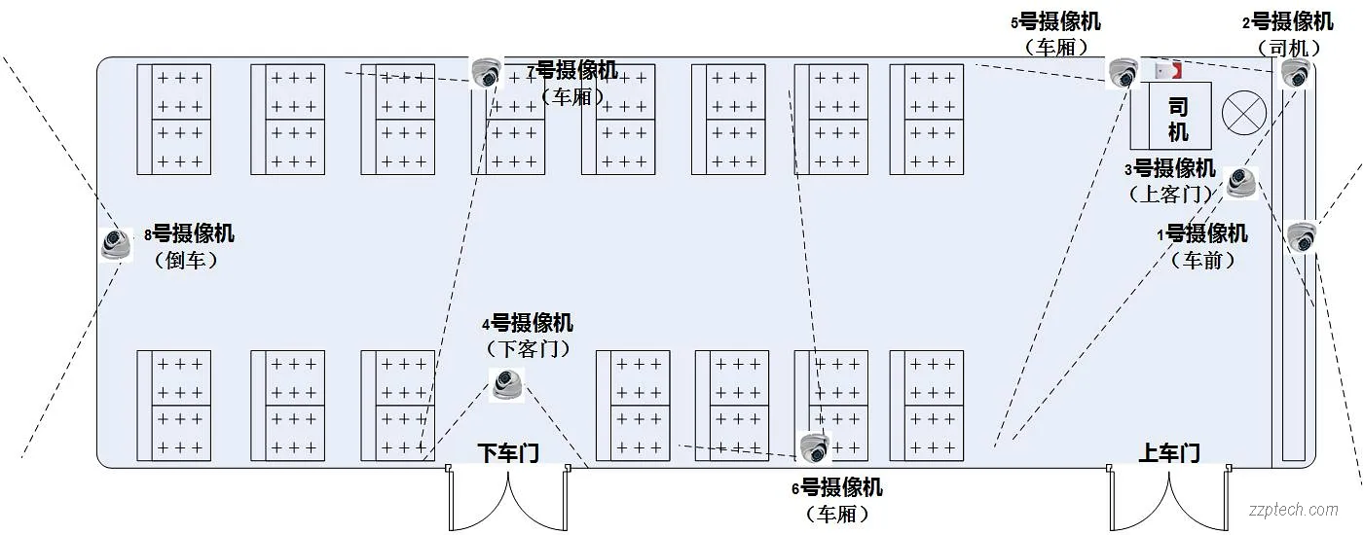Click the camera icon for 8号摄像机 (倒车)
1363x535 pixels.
tap(117, 243)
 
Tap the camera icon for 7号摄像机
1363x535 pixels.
tap(486, 72)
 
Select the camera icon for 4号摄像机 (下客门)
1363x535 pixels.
tap(506, 384)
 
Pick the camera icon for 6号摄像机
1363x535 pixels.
tap(814, 447)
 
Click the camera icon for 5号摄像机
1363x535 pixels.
tap(1123, 73)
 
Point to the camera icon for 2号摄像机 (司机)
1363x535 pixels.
tap(1295, 73)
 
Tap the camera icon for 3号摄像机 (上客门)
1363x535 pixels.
tap(1240, 182)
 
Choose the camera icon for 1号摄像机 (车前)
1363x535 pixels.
tap(1301, 236)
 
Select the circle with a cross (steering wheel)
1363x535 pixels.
tap(1242, 112)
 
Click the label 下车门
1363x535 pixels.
tap(508, 452)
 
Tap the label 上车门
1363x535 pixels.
tap(1169, 452)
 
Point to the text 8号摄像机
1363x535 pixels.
tap(189, 233)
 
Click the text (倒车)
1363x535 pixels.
tap(185, 260)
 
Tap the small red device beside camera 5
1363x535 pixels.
tap(1166, 71)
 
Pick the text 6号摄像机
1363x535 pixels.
tap(837, 486)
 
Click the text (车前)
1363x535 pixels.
tap(1202, 260)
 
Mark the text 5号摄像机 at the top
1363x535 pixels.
tap(1056, 21)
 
